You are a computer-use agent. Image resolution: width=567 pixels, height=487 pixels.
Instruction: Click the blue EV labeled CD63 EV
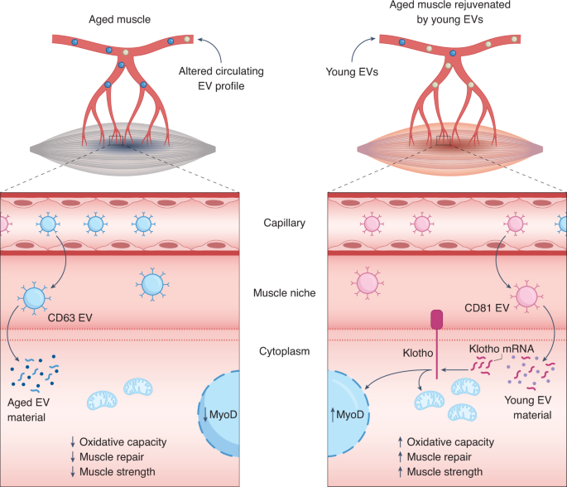35,298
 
